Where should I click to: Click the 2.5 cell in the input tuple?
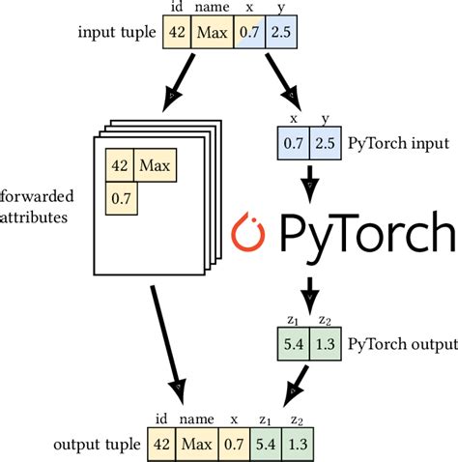(x=280, y=35)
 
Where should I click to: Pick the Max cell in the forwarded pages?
(x=155, y=166)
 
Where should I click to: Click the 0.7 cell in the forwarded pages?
(x=120, y=197)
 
